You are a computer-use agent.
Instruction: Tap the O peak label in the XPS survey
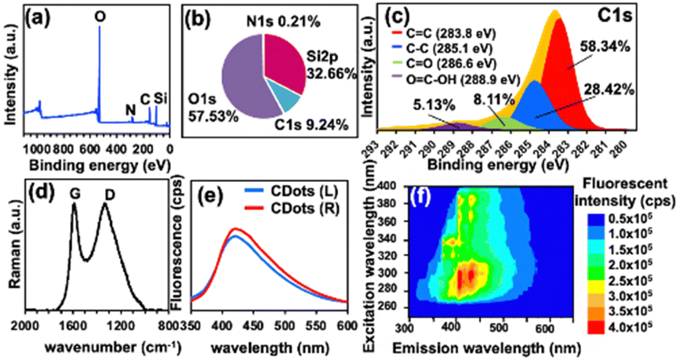click(x=100, y=15)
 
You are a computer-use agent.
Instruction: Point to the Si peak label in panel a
click(x=161, y=98)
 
